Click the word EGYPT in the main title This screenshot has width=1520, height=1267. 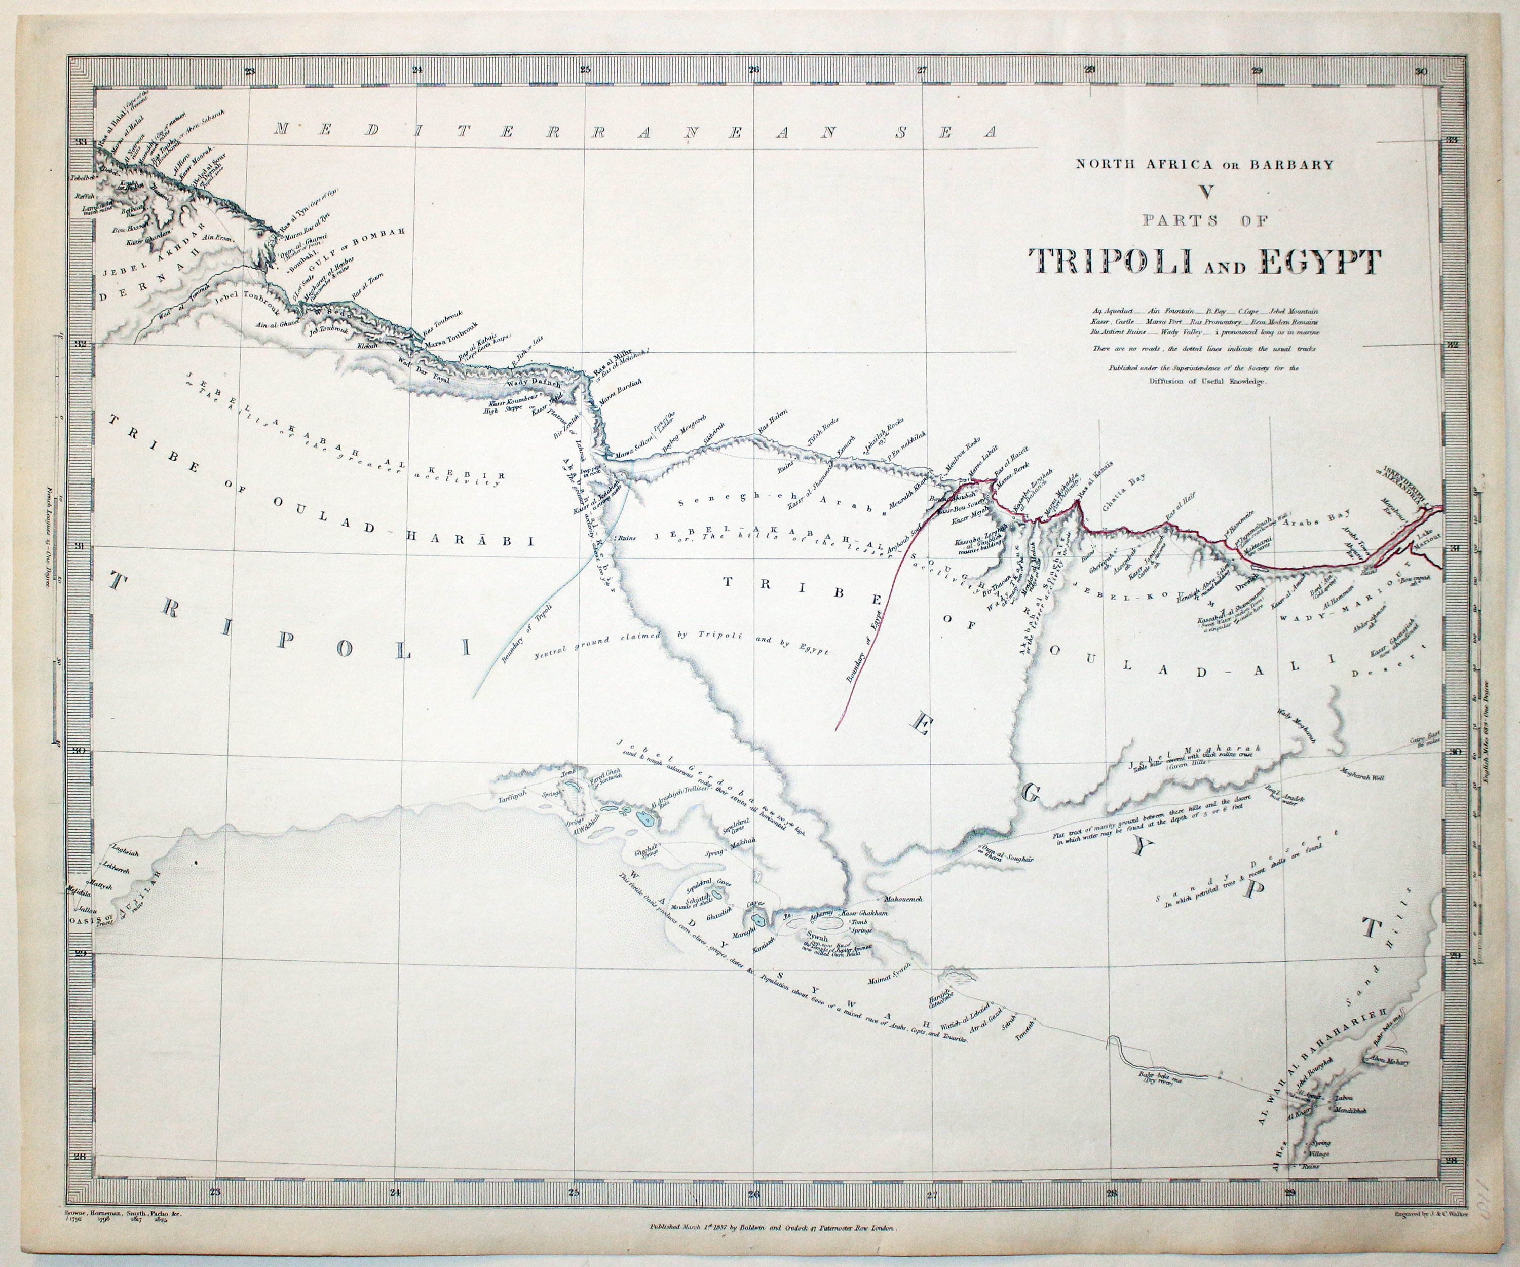pyautogui.click(x=1317, y=262)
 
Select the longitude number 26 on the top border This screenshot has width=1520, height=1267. pyautogui.click(x=753, y=71)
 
